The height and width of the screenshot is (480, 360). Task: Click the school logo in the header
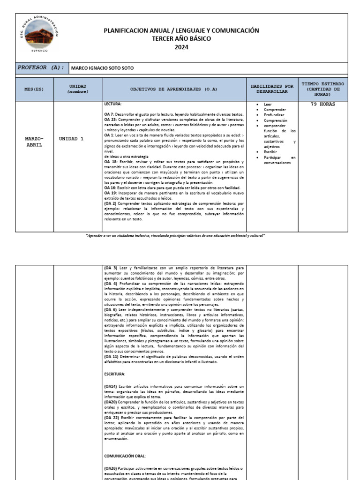point(39,37)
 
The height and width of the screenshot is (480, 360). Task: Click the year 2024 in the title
point(181,47)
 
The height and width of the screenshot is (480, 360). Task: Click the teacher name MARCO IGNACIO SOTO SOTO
point(102,68)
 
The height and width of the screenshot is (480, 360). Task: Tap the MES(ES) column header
point(34,89)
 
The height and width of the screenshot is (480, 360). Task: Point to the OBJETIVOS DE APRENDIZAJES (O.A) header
point(174,89)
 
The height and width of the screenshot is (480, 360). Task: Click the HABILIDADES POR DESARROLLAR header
point(272,89)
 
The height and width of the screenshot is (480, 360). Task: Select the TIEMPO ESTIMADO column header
point(322,89)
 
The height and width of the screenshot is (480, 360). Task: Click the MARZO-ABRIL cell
point(34,142)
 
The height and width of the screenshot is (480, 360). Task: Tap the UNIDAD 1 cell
point(72,139)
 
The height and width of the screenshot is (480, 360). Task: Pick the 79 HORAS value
point(323,105)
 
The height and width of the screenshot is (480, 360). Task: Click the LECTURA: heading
point(112,104)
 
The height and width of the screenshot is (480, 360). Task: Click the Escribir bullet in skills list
point(271,152)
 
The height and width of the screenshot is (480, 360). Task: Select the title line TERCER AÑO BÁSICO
point(181,38)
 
